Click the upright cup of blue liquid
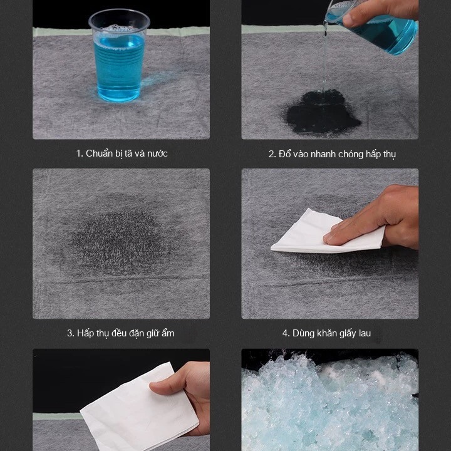point(119,56)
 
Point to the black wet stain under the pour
point(321,111)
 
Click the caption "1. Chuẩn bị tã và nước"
point(122,153)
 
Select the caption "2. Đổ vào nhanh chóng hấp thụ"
point(332,154)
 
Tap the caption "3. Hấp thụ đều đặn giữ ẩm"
point(120,333)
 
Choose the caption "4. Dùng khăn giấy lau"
point(326,333)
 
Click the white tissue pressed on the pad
point(328,232)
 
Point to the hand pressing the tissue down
point(374,217)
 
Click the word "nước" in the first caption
point(157,153)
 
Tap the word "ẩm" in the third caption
point(167,333)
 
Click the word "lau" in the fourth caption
point(364,333)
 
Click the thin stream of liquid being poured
point(324,58)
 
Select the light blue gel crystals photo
point(330,400)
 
